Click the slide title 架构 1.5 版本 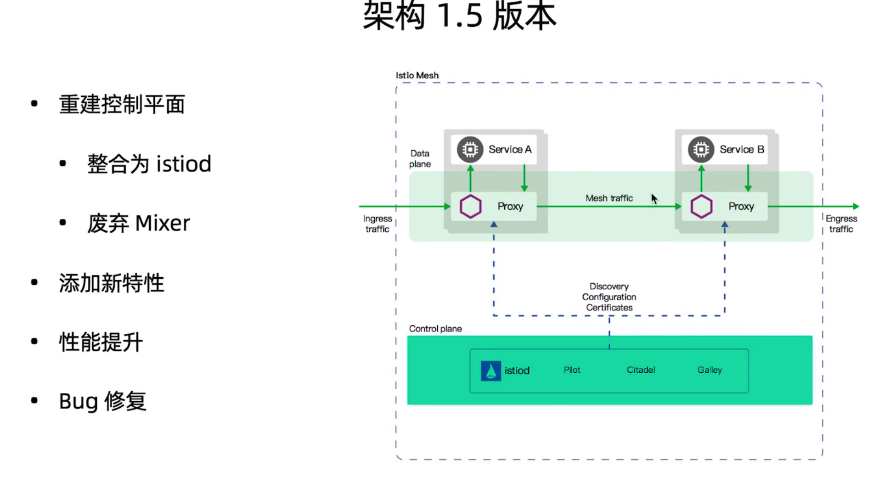pyautogui.click(x=459, y=16)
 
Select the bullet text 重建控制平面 pyautogui.click(x=122, y=105)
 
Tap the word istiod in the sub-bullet pyautogui.click(x=184, y=164)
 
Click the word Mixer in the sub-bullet pyautogui.click(x=162, y=223)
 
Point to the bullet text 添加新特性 pyautogui.click(x=111, y=283)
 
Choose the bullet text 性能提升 pyautogui.click(x=101, y=342)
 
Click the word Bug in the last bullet pyautogui.click(x=78, y=401)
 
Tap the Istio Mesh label pyautogui.click(x=417, y=75)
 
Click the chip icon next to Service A pyautogui.click(x=470, y=150)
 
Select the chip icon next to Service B pyautogui.click(x=701, y=150)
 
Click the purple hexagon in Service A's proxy pyautogui.click(x=470, y=207)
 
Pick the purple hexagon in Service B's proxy pyautogui.click(x=701, y=207)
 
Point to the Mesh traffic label pyautogui.click(x=609, y=198)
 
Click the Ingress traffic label pyautogui.click(x=378, y=224)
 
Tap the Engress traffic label pyautogui.click(x=841, y=224)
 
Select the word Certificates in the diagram pyautogui.click(x=609, y=308)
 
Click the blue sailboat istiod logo pyautogui.click(x=490, y=370)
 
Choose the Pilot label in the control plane pyautogui.click(x=572, y=370)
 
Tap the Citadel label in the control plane pyautogui.click(x=641, y=370)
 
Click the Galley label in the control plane pyautogui.click(x=710, y=370)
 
